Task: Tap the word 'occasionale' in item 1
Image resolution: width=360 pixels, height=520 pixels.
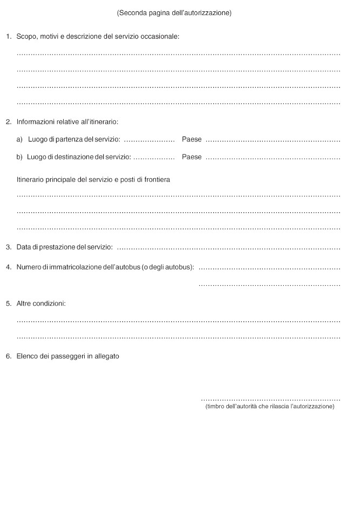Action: click(160, 37)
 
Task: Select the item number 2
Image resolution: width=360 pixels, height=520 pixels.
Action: click(8, 121)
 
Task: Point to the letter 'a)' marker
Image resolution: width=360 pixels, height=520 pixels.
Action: click(19, 139)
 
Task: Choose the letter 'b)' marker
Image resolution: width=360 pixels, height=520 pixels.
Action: click(19, 157)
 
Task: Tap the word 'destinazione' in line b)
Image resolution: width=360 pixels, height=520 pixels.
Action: click(74, 157)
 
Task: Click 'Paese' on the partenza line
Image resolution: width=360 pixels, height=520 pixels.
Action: click(192, 139)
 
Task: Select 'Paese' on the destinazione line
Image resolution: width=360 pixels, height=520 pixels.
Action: click(192, 157)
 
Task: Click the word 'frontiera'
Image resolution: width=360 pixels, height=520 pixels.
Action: click(157, 179)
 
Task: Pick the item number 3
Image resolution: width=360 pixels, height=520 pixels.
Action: click(8, 247)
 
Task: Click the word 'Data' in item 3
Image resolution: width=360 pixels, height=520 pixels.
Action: click(24, 247)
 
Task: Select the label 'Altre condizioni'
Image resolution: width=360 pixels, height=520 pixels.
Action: click(41, 303)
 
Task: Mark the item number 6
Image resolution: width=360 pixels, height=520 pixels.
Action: click(8, 356)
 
